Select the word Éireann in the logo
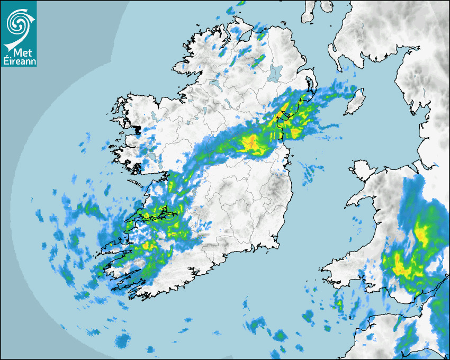point(19,62)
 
